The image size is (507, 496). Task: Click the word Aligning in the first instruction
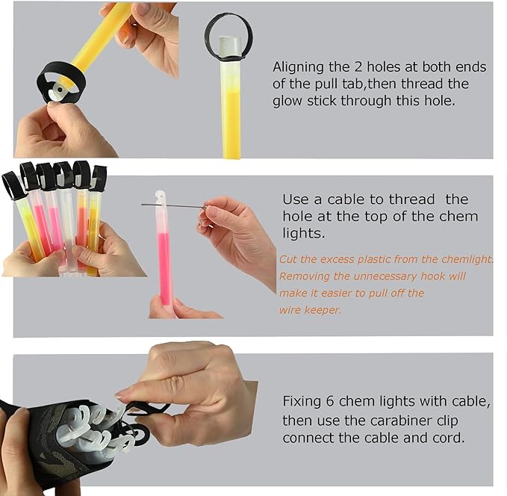[298, 68]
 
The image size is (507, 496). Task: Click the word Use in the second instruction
[294, 199]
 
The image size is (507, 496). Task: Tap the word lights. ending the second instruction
[303, 233]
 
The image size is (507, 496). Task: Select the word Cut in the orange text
[287, 259]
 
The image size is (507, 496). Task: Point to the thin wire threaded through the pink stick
[174, 205]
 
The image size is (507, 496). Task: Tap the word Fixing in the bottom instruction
[302, 402]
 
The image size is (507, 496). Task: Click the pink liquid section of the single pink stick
[164, 269]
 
